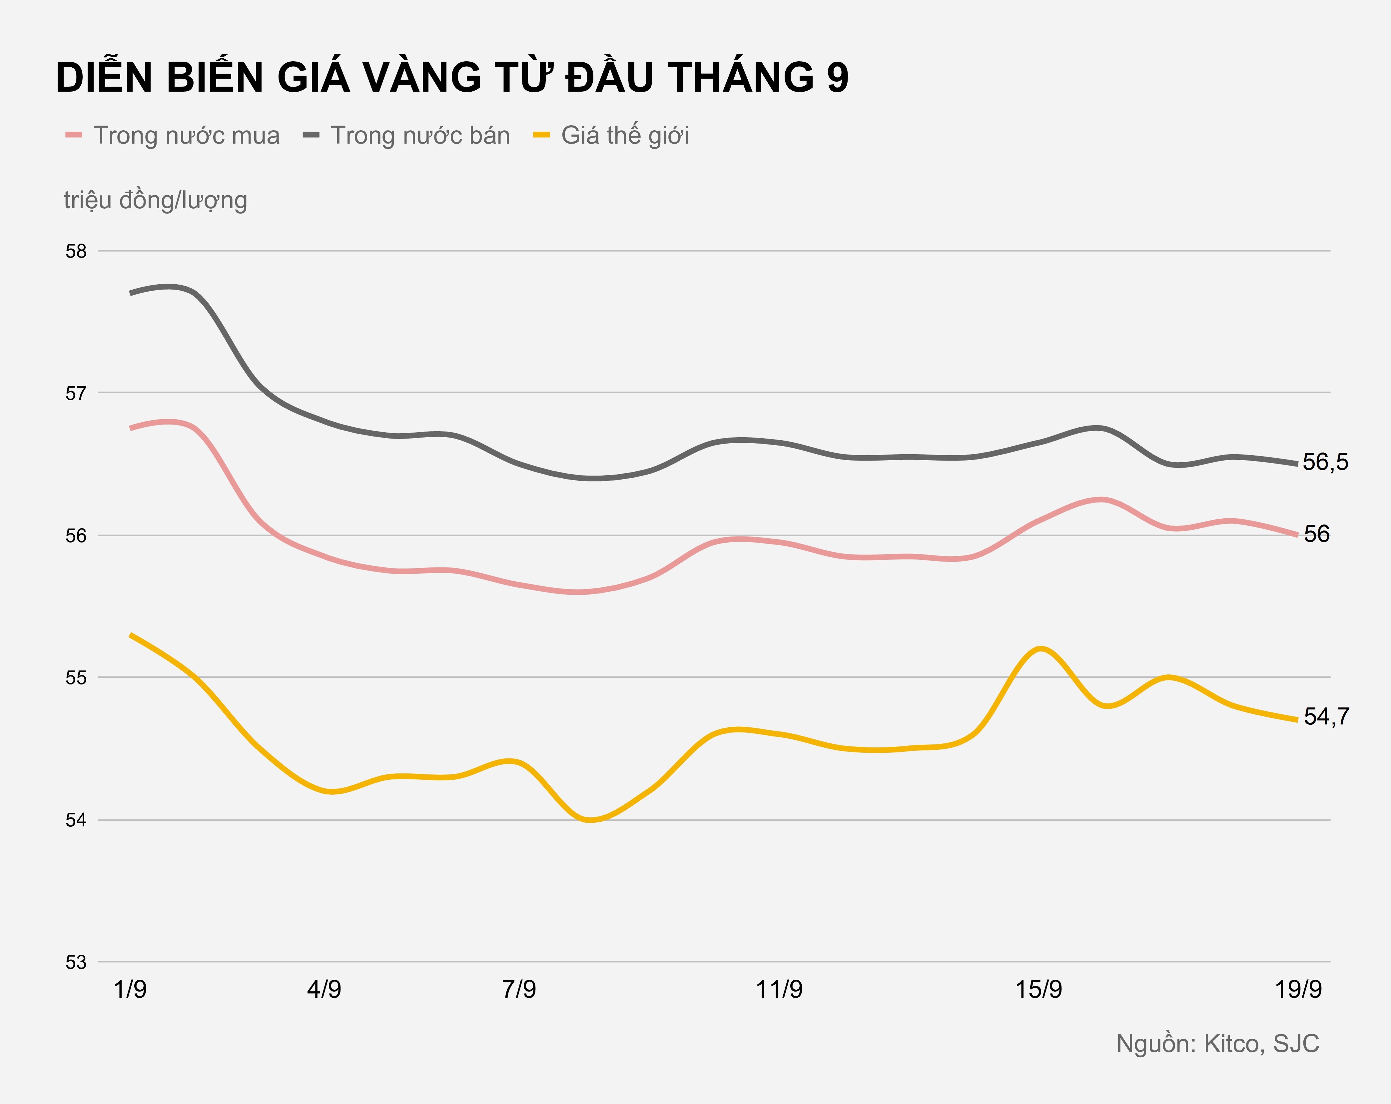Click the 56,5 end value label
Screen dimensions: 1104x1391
tap(1325, 462)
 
